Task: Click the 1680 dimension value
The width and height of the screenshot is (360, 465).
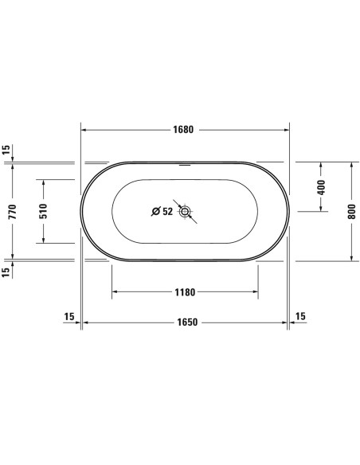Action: click(185, 130)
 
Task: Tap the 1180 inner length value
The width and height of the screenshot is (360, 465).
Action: click(185, 291)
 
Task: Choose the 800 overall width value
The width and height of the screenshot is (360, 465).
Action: click(350, 210)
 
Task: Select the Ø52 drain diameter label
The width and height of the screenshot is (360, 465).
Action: click(162, 211)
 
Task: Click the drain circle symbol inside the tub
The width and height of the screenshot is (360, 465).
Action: click(186, 211)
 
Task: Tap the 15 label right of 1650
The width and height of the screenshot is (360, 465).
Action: click(300, 316)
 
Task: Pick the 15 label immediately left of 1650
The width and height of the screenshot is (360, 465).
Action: click(69, 316)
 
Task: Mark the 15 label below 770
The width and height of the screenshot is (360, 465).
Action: click(6, 272)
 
